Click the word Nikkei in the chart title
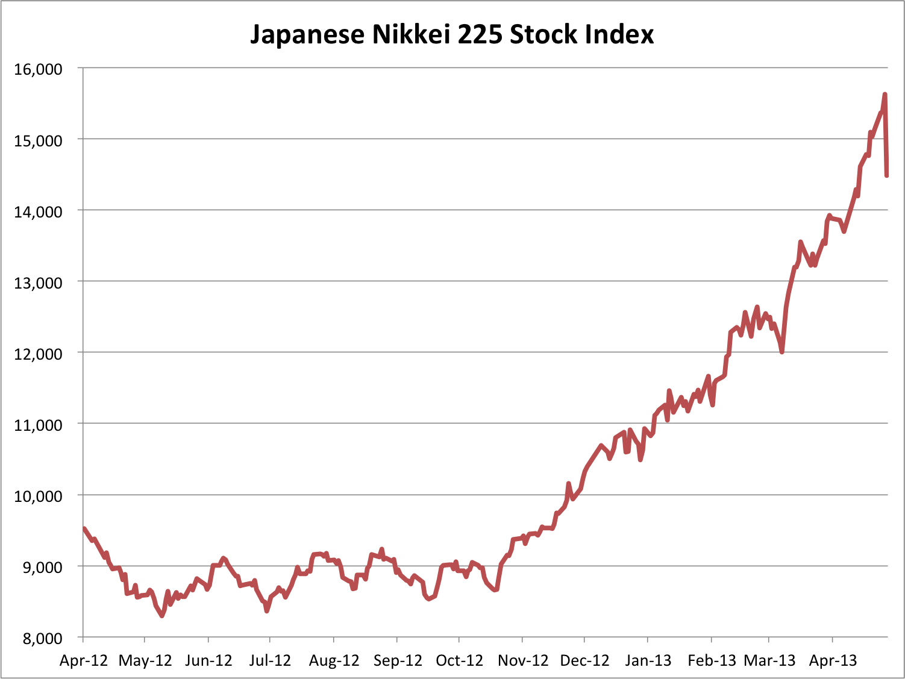click(x=412, y=34)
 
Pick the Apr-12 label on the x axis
click(x=84, y=660)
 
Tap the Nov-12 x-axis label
click(x=523, y=660)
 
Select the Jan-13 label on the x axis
click(x=648, y=660)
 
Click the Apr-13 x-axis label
click(x=833, y=660)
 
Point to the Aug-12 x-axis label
click(x=334, y=660)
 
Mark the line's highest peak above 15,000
click(x=885, y=95)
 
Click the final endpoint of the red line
click(x=887, y=175)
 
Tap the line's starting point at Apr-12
click(x=84, y=528)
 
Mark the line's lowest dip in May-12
click(x=161, y=615)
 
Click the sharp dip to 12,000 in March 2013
click(x=782, y=352)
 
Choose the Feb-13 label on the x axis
click(x=712, y=660)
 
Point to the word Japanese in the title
click(x=307, y=34)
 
